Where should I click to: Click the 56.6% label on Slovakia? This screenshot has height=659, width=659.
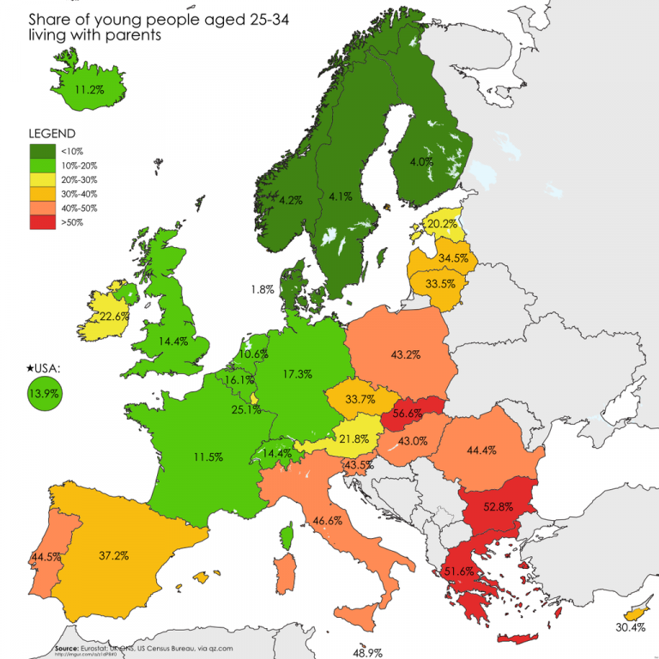pos(407,413)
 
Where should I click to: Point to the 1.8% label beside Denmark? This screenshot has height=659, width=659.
pos(263,290)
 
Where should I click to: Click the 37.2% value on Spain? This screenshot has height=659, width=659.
pos(113,556)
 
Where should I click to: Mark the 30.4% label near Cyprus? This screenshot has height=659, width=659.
pos(631,627)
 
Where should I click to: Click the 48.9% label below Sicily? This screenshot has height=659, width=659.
pos(367,653)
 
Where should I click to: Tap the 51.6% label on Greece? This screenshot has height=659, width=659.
pos(458,571)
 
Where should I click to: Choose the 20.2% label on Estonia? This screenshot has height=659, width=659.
pos(441,224)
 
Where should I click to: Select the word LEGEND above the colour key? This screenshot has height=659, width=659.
pos(51,134)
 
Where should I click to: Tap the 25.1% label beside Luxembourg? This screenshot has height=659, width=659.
pos(245,409)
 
